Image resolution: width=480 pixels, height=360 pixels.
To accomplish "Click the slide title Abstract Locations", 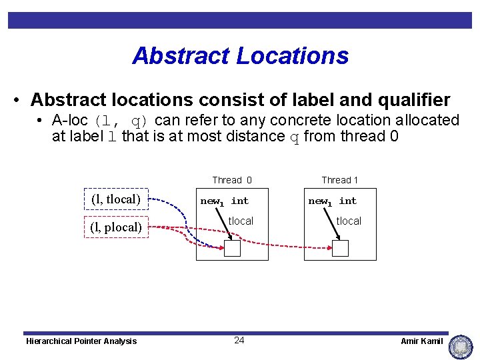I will tap(240, 55).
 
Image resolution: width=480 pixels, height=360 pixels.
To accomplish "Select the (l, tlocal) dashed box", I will tap(115, 199).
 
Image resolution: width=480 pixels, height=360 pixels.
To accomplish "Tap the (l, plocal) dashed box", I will tap(115, 227).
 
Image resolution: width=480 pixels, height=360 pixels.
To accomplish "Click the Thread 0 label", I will tap(231, 180).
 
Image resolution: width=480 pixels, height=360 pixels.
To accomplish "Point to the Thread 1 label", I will tap(339, 180).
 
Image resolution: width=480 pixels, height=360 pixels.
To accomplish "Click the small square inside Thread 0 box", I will tap(232, 248).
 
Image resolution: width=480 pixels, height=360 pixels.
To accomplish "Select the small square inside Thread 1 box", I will tap(340, 248).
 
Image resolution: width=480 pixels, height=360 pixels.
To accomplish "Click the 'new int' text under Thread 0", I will tap(224, 201).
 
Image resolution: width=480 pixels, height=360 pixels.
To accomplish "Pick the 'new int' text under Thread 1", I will tap(332, 201).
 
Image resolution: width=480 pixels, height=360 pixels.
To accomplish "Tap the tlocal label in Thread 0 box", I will tap(241, 221).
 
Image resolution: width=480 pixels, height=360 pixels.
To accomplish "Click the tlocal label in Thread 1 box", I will tap(349, 221).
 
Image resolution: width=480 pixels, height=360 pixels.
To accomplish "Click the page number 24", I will tap(239, 341).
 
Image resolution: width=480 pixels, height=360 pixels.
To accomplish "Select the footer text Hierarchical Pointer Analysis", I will tap(81, 341).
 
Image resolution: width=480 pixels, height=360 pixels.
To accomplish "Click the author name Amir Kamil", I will tap(421, 341).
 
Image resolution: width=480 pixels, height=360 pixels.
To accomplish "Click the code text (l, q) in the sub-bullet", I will tap(121, 121).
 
